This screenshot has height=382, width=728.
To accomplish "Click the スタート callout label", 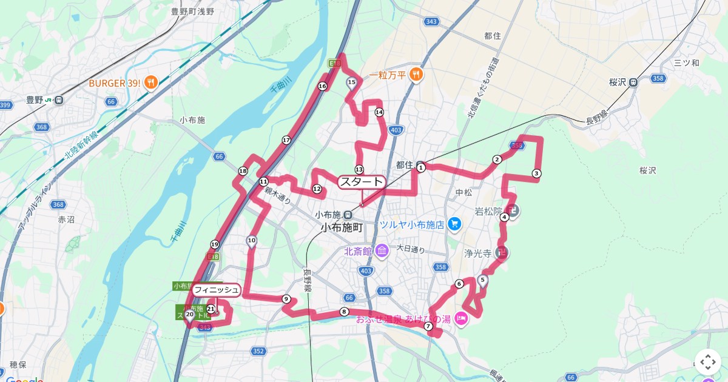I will [x=362, y=182].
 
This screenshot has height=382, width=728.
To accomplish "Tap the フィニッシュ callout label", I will [x=217, y=290].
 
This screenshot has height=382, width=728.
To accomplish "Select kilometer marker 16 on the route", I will [x=322, y=86].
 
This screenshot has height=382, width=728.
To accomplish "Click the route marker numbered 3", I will [x=536, y=173].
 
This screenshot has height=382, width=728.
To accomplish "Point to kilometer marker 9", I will [x=286, y=298].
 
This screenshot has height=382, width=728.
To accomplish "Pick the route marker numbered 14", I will [x=379, y=112].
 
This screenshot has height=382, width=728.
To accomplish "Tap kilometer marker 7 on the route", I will [x=428, y=326].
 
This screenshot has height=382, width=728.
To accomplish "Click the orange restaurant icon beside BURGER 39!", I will [x=152, y=82].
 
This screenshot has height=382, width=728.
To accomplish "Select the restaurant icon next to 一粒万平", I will [x=416, y=75].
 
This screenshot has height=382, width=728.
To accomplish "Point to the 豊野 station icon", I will [x=59, y=101].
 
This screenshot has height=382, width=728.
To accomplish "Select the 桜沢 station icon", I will [x=633, y=82].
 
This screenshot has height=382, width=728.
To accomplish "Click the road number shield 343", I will [x=431, y=22].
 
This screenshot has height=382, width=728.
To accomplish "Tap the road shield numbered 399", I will [x=5, y=106].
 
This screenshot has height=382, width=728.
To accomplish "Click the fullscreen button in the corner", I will [x=708, y=362].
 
